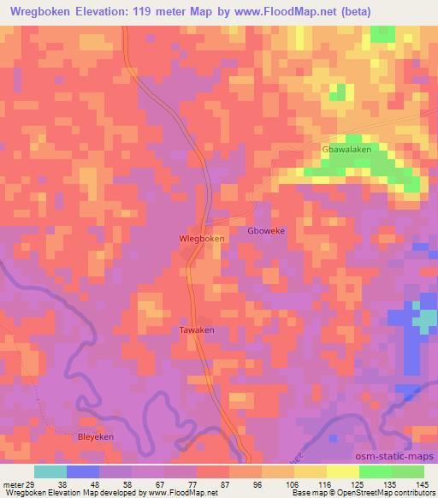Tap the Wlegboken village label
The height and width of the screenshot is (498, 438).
201,239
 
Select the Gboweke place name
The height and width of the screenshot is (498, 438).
264,231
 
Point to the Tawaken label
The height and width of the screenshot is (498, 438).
196,329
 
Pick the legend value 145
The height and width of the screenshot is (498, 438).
423,483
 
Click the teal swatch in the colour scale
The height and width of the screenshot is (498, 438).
50,471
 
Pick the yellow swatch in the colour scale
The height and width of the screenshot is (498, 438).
341,471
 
